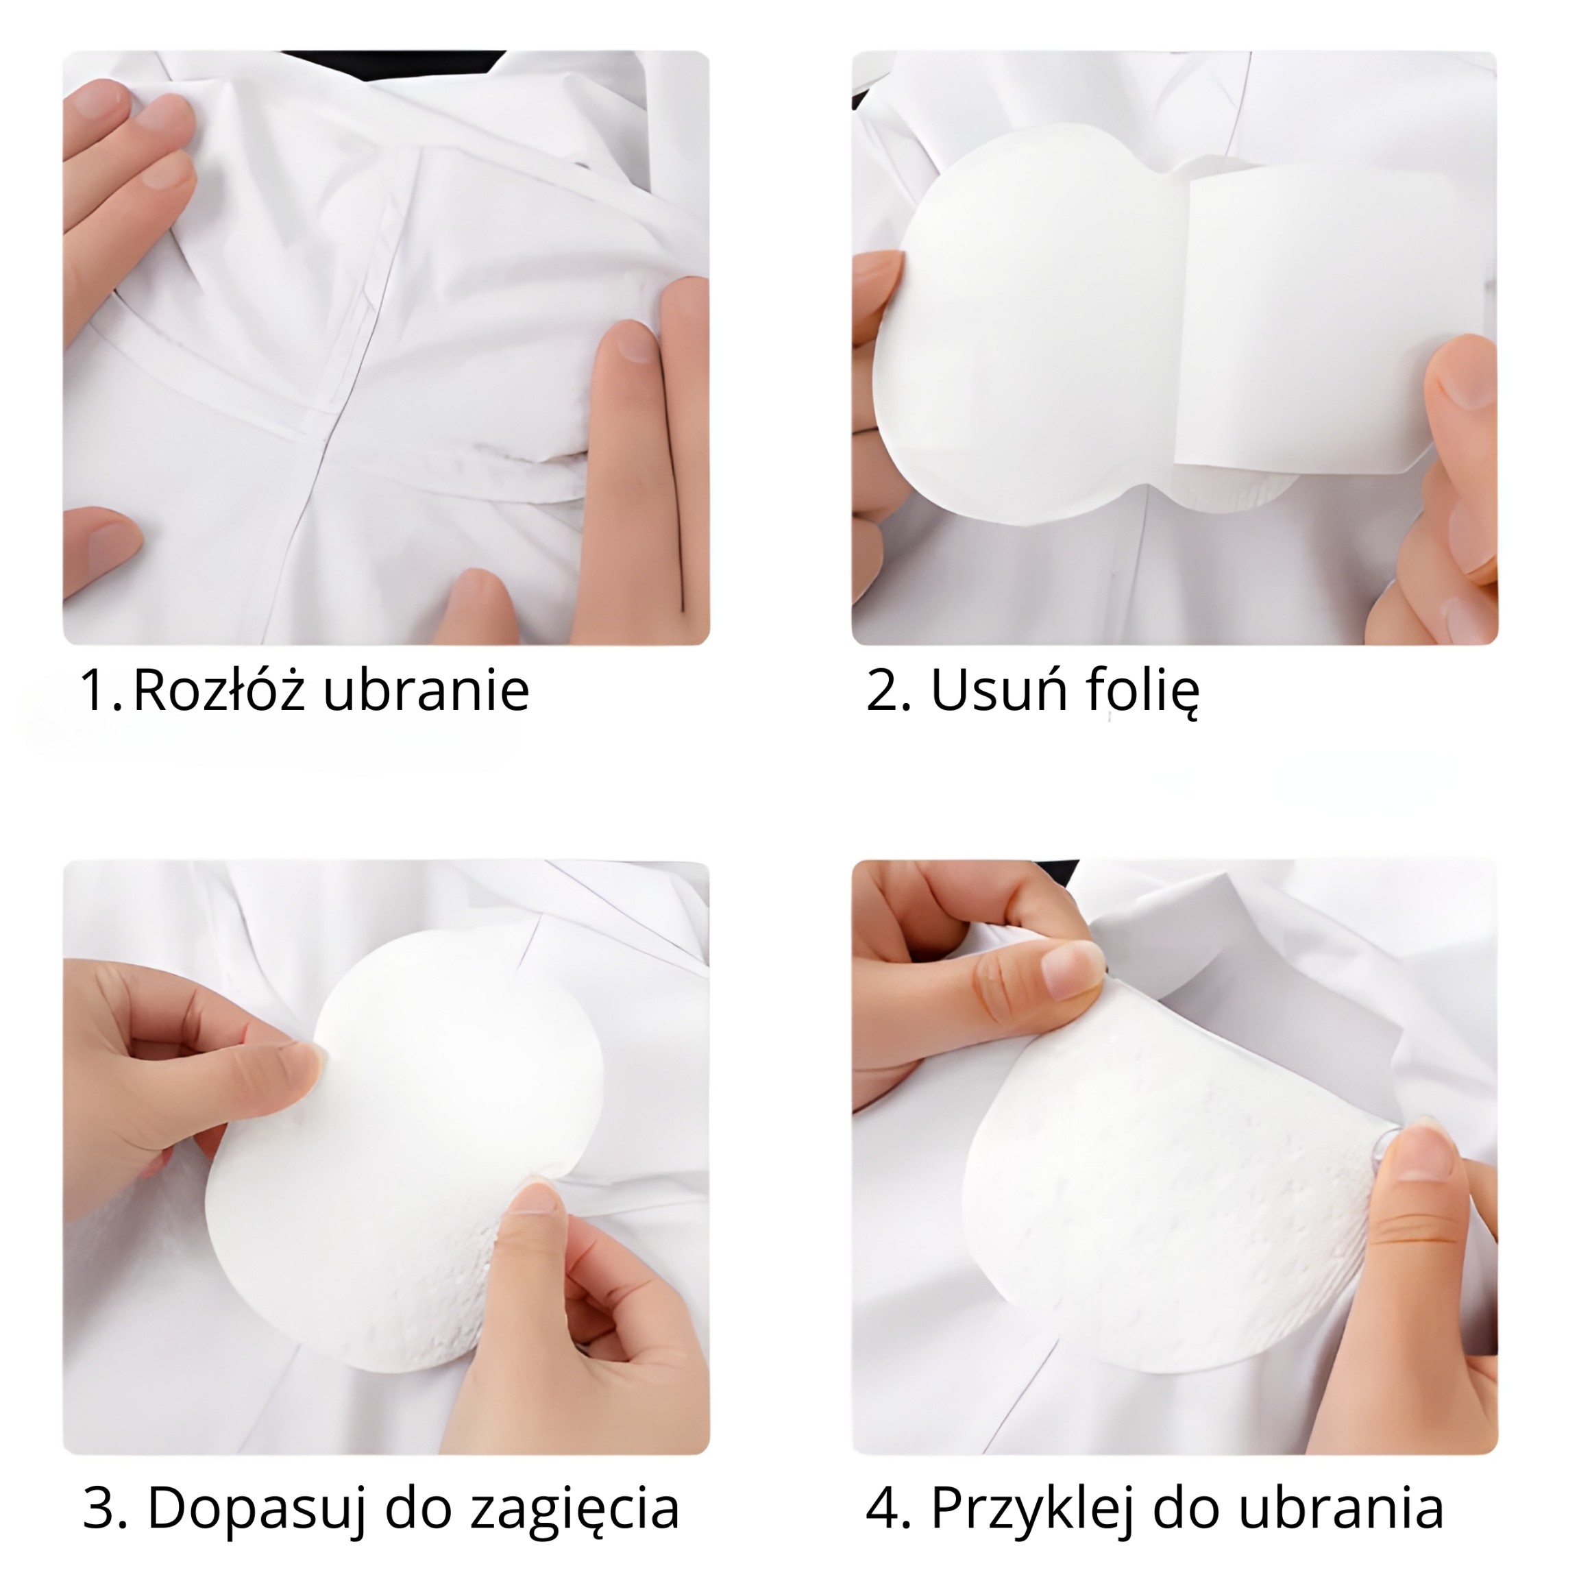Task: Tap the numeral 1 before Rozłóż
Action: click(97, 690)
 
